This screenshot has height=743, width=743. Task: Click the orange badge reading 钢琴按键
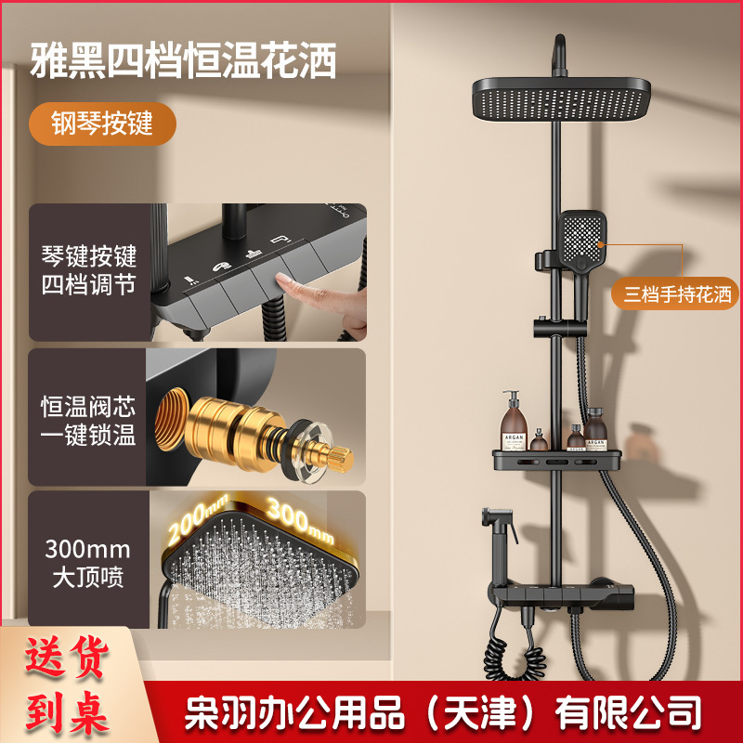pyautogui.click(x=102, y=124)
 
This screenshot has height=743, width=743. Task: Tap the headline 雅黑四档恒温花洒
pyautogui.click(x=183, y=60)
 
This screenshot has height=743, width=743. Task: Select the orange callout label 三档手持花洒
pyautogui.click(x=676, y=293)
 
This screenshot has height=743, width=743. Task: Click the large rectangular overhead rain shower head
pyautogui.click(x=562, y=98)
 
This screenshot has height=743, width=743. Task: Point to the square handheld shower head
pyautogui.click(x=582, y=237)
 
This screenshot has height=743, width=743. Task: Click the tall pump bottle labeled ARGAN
pyautogui.click(x=514, y=421)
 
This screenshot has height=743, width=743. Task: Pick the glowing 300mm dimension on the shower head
pyautogui.click(x=300, y=520)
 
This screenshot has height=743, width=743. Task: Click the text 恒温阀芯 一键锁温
pyautogui.click(x=88, y=421)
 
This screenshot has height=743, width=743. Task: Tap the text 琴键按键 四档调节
pyautogui.click(x=88, y=270)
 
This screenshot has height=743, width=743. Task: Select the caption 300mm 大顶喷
pyautogui.click(x=87, y=563)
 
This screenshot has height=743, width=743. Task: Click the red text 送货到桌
pyautogui.click(x=66, y=684)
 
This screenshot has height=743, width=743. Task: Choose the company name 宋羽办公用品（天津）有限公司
pyautogui.click(x=443, y=712)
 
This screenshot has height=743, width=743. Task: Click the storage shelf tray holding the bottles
pyautogui.click(x=556, y=460)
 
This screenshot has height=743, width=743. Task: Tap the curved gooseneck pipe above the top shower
pyautogui.click(x=559, y=55)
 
